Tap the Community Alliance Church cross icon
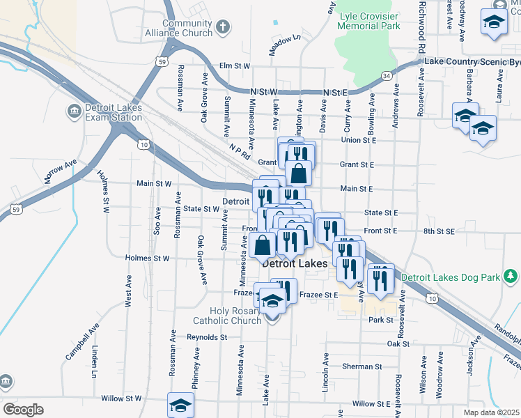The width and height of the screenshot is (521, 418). pos(222,28)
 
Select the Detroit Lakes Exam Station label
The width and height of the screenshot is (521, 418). pos(113,112)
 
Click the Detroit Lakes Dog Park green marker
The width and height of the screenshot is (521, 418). pos(511,277)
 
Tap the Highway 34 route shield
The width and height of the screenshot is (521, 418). pos(386,75)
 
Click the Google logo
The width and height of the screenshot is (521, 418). pos(23,409)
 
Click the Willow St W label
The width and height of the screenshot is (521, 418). pos(122,398)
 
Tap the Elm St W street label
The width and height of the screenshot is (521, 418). pos(234,66)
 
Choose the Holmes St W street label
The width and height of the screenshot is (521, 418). pos(147,258)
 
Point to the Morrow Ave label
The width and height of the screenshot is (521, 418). pos(60,171)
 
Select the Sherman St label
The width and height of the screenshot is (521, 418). pos(362,366)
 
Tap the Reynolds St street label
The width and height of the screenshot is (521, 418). pos(207,337)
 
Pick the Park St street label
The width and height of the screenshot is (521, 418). pos(381,320)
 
